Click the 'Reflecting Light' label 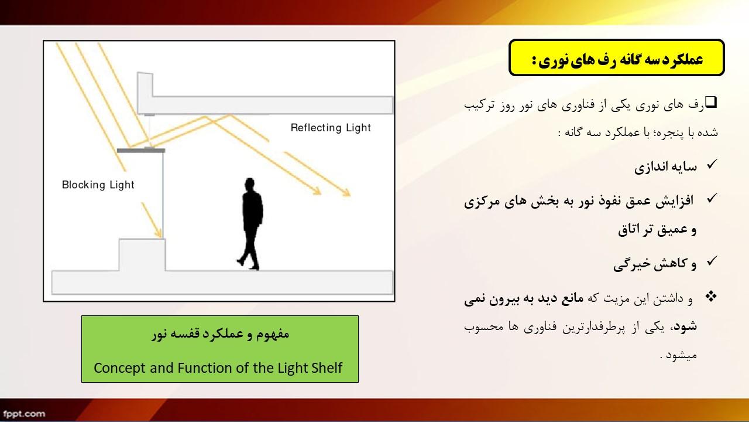[x=331, y=128]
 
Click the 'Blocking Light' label [x=98, y=185]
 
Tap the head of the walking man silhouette [x=250, y=184]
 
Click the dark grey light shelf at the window [x=141, y=151]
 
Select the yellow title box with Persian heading [x=617, y=57]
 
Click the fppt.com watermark [x=24, y=414]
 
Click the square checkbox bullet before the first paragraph [x=711, y=102]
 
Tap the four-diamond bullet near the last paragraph [x=711, y=297]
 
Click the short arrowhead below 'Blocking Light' [x=158, y=233]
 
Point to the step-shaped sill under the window [x=142, y=254]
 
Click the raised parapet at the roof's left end [x=145, y=84]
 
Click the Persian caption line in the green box [x=220, y=334]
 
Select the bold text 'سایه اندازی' [x=666, y=166]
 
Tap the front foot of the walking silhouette [x=240, y=261]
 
